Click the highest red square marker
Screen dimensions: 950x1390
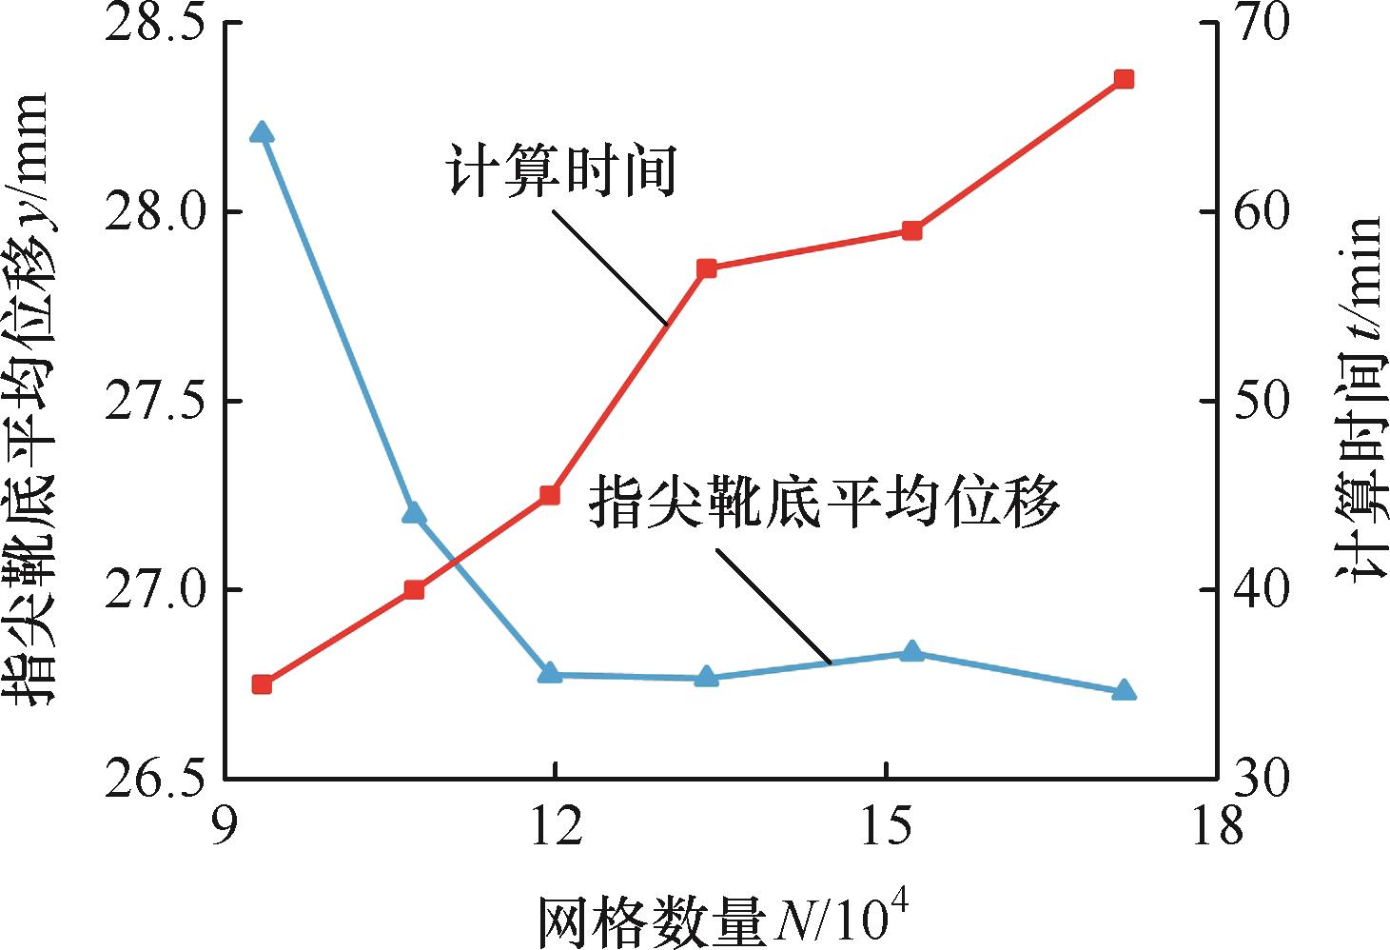1124,79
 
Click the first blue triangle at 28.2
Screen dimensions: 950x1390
262,132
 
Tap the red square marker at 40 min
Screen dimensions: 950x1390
414,589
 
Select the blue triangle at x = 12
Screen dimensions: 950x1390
549,673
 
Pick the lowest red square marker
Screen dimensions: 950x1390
262,684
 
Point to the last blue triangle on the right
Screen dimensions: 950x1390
1124,690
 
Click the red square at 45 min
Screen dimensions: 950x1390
549,495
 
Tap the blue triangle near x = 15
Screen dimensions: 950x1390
911,651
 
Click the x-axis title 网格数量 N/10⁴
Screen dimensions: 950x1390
722,919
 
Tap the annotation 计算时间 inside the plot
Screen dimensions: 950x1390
561,171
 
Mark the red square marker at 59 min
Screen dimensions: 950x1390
911,230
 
